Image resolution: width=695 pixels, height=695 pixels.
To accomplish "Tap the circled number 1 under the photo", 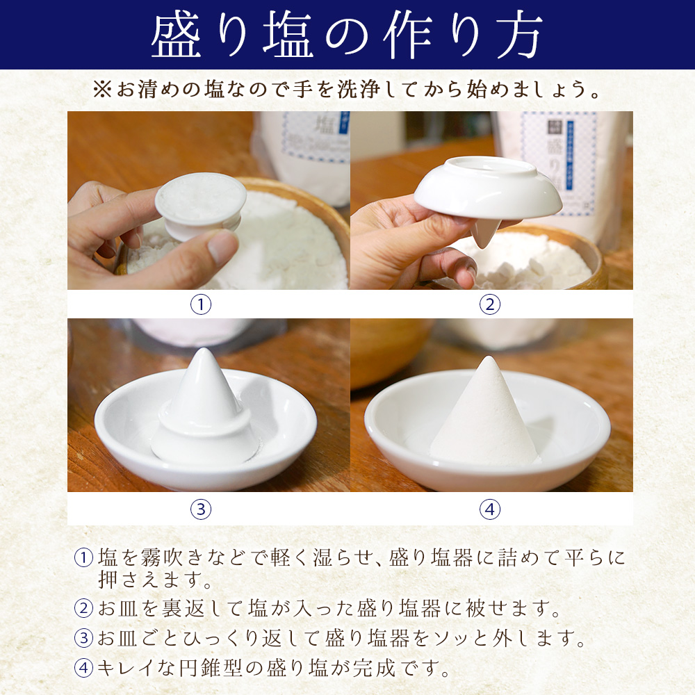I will (200, 304).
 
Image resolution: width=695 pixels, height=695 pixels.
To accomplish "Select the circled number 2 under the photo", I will (490, 304).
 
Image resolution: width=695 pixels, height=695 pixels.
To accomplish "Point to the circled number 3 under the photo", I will (200, 509).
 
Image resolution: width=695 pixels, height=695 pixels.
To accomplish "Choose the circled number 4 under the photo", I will (490, 509).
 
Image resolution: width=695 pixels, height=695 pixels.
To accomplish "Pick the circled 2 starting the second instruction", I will (84, 609).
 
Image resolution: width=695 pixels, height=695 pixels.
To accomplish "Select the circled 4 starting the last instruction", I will (84, 668).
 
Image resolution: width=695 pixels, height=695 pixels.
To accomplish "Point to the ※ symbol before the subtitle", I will (101, 91).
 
